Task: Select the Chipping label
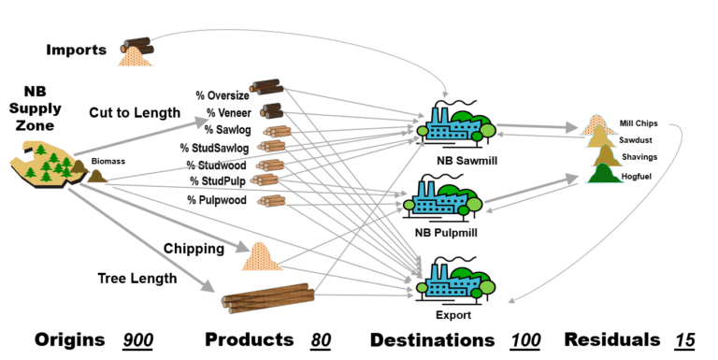coord(194,249)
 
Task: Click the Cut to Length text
coord(135,112)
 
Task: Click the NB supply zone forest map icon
coord(47,166)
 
